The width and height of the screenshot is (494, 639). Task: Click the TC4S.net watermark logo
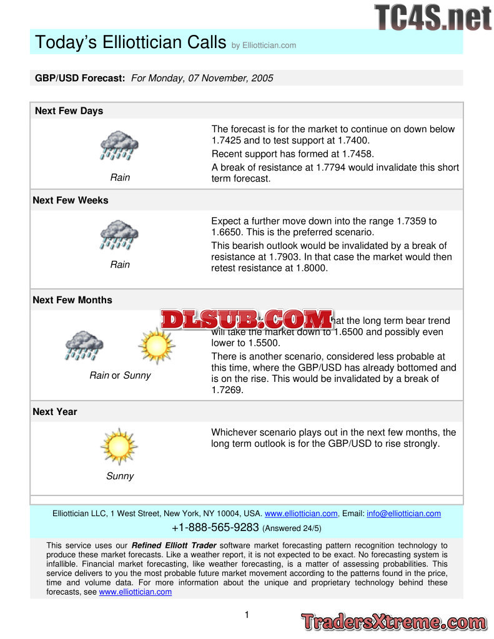433,17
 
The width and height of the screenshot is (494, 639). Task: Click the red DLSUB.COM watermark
247,319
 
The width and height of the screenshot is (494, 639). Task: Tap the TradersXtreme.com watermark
393,622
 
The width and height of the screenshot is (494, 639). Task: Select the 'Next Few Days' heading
69,111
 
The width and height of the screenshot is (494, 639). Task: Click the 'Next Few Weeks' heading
70,200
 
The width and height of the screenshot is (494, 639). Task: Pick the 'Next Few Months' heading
72,300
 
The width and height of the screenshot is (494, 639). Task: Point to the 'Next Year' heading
55,412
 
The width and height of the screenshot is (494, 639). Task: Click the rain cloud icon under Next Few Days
119,145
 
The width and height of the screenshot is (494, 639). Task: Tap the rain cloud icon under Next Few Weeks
119,235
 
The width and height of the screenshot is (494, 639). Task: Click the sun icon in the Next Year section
119,446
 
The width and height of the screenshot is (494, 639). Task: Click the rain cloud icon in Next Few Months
84,345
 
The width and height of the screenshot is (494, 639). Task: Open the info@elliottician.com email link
403,514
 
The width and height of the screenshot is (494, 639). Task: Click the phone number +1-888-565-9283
215,527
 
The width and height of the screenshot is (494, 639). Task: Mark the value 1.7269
227,390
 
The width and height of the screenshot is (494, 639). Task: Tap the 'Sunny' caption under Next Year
119,476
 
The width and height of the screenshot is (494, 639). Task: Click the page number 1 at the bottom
247,615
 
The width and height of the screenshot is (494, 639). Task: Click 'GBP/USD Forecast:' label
80,79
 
